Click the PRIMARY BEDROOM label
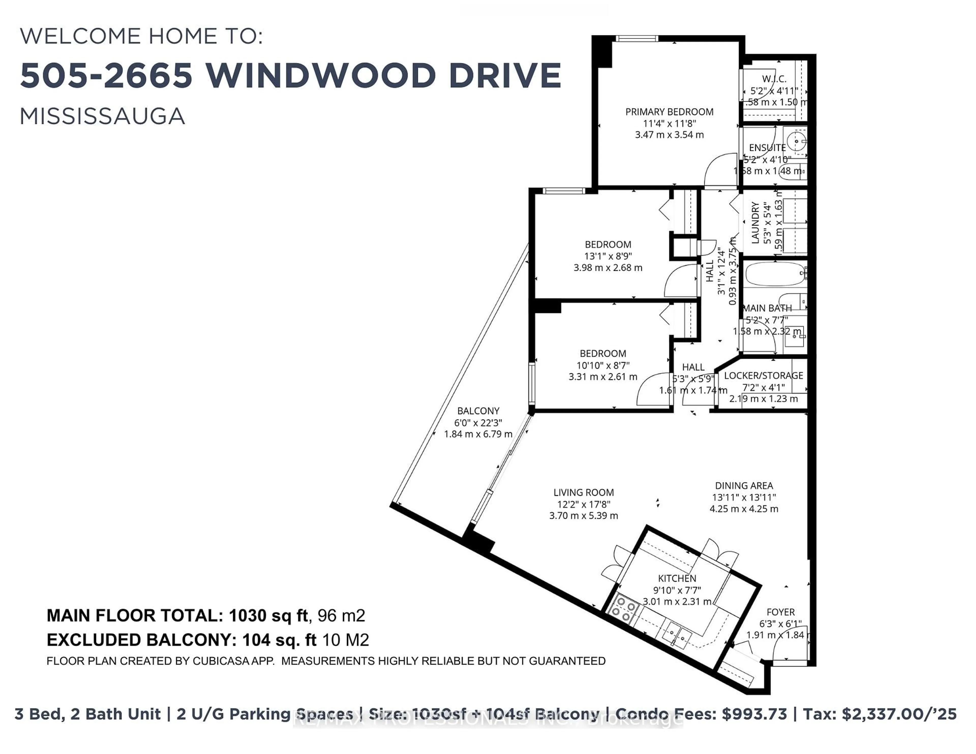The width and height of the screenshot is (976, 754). pyautogui.click(x=669, y=112)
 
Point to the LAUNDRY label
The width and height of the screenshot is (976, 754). pyautogui.click(x=755, y=223)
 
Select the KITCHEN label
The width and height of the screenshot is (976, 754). pyautogui.click(x=677, y=578)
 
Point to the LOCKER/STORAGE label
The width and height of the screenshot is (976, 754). pyautogui.click(x=763, y=375)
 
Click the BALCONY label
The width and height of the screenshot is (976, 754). pyautogui.click(x=478, y=411)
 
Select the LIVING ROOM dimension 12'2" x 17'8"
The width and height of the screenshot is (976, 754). pyautogui.click(x=583, y=504)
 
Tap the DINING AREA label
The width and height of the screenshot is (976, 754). pyautogui.click(x=744, y=485)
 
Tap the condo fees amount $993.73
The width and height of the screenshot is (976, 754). pyautogui.click(x=754, y=714)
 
